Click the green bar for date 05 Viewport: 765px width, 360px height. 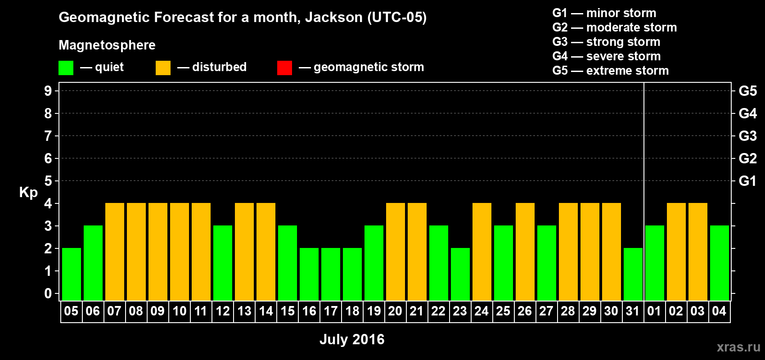72,274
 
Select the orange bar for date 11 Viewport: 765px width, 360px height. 201,252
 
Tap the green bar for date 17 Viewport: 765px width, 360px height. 331,274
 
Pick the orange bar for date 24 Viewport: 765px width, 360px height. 482,252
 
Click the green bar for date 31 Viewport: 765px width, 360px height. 633,274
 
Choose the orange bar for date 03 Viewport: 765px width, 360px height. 697,252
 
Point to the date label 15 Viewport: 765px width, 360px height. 288,311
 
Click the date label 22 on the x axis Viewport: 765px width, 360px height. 438,311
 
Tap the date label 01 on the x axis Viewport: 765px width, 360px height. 654,311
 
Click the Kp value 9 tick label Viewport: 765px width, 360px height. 48,91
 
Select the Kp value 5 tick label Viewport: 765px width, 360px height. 48,181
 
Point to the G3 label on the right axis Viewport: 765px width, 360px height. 748,136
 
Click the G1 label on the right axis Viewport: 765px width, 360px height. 748,181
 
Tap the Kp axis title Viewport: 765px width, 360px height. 28,193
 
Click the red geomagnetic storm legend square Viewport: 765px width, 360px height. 285,67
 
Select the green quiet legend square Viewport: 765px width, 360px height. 66,67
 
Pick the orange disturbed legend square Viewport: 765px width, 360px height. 163,67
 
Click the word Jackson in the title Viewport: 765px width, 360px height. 333,17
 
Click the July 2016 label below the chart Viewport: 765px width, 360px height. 352,339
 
